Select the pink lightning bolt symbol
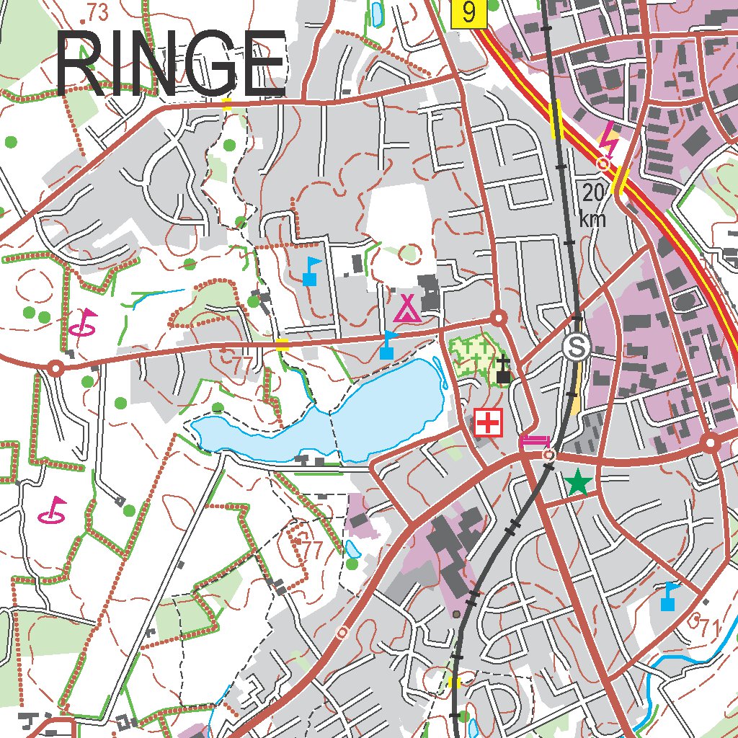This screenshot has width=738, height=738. coord(609,140)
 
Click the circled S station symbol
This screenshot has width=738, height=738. coord(577,347)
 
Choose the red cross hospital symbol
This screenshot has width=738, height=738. coord(489,423)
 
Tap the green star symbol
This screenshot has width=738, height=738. coord(577,483)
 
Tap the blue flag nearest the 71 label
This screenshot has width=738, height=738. coord(669,596)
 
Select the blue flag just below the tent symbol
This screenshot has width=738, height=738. coord(388,345)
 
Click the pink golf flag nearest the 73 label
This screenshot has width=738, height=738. coord(85,322)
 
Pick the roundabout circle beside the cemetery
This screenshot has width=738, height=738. coord(497,318)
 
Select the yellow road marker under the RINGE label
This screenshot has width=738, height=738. coord(227,105)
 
